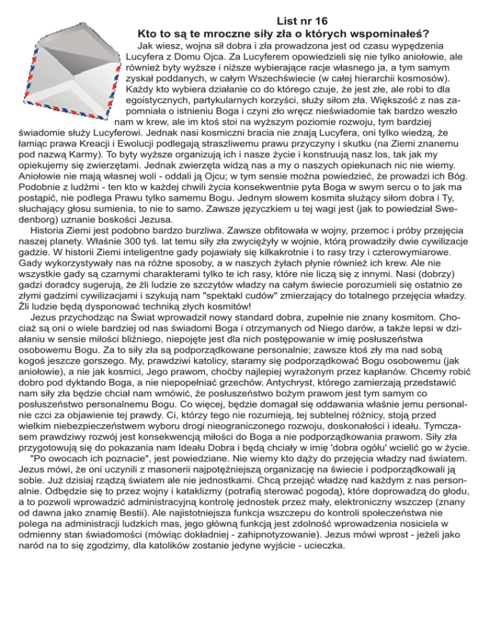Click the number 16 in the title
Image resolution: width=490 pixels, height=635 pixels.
click(x=320, y=20)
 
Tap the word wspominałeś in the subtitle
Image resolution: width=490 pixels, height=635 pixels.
click(x=390, y=33)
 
